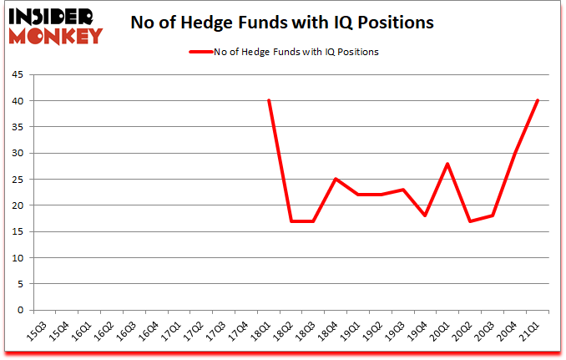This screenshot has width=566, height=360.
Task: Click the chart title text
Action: (x=282, y=23)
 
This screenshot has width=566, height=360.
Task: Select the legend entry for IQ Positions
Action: (x=284, y=52)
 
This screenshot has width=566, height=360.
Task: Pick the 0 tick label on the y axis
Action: (x=19, y=310)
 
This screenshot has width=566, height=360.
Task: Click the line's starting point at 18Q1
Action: (x=269, y=101)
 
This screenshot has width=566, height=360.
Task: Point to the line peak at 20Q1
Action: (x=448, y=164)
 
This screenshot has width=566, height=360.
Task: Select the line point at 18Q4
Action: (x=336, y=180)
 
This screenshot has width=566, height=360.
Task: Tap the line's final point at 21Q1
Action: (x=538, y=101)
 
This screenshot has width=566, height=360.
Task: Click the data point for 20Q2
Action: (x=470, y=221)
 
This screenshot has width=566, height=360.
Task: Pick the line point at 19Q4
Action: (x=426, y=215)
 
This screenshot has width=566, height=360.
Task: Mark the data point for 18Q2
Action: (x=291, y=221)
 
